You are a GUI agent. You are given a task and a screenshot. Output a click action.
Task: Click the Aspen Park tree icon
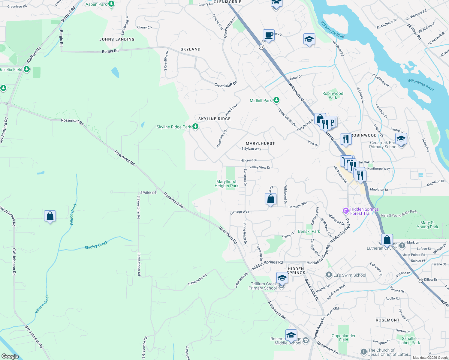[x=111, y=4]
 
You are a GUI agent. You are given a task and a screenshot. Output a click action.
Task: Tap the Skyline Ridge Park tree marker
[x=195, y=127]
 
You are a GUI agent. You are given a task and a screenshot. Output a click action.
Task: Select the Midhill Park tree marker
[x=276, y=100]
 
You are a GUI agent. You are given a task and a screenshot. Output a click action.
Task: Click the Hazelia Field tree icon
[x=27, y=69]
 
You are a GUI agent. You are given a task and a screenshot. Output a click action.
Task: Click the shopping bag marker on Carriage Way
[x=270, y=199]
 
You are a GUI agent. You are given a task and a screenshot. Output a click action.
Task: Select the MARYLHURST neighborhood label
[x=260, y=143]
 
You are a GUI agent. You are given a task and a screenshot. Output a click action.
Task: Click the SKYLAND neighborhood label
[x=190, y=49]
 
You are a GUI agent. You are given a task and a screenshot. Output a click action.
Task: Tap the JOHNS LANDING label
[x=117, y=39]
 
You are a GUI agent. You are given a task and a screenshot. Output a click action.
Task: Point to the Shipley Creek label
[x=96, y=245]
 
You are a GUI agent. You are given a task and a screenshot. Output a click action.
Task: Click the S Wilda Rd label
[x=148, y=193]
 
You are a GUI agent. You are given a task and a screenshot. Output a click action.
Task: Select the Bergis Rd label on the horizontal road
[x=110, y=51]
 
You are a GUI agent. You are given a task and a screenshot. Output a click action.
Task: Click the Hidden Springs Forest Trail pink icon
[x=346, y=211]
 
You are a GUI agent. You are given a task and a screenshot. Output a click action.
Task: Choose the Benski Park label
[x=309, y=231]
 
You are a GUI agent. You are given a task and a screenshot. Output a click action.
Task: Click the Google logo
[x=10, y=356]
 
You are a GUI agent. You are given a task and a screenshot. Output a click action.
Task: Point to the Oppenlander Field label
[x=344, y=338]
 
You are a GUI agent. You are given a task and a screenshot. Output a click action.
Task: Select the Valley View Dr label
[x=260, y=167]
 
